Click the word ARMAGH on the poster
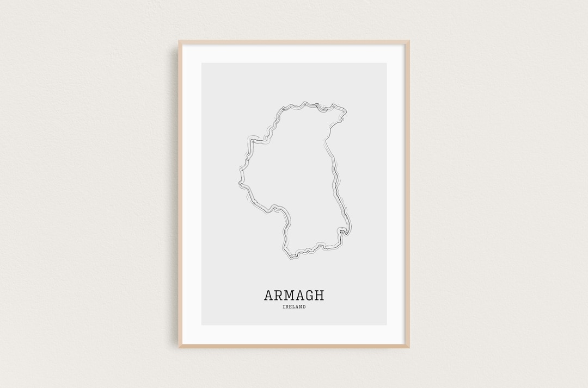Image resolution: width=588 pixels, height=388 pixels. coord(294,295)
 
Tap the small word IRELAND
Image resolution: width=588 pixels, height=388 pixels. coord(294,307)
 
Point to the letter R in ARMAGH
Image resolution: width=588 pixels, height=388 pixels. coord(279,295)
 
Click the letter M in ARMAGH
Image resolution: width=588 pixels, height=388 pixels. coord(290,295)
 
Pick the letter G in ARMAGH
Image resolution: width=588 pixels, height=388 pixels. coord(309,295)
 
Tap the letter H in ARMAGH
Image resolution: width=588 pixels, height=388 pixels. coord(319,295)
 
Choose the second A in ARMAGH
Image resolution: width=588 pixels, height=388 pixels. coord(299,295)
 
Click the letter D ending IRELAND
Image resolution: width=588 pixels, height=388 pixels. coord(304,307)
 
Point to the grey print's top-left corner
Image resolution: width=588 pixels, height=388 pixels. coord(202,64)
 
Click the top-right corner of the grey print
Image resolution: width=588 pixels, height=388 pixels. coord(387,64)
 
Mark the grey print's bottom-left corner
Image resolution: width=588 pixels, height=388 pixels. coord(202,325)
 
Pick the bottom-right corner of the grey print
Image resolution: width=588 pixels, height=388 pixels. coord(387,325)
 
